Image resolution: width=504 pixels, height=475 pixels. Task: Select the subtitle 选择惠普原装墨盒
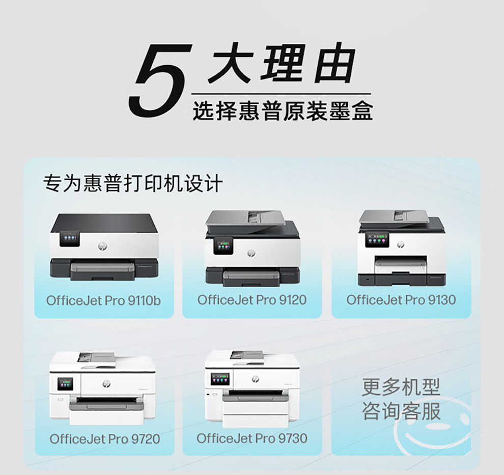(283, 111)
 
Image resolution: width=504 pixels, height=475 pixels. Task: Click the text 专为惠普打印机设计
(133, 183)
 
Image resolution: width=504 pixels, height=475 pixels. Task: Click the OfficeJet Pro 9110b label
(103, 301)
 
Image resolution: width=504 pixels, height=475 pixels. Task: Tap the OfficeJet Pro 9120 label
(252, 300)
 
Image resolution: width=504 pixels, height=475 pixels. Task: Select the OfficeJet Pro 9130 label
(401, 300)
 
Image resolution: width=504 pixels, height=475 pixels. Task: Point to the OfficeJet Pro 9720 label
(105, 439)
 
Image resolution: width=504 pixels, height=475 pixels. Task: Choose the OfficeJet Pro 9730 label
(252, 438)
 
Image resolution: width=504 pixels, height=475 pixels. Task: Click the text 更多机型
(401, 387)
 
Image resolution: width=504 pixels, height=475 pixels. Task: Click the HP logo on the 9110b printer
(102, 246)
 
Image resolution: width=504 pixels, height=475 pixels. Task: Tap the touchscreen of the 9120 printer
(223, 245)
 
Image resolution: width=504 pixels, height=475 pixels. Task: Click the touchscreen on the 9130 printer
(377, 240)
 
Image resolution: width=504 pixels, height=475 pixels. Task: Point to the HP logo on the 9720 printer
(106, 383)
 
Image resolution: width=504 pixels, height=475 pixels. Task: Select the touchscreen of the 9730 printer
(220, 380)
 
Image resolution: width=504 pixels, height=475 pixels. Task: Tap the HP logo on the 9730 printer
(256, 379)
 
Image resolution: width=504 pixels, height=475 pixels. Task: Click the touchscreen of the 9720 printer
(65, 384)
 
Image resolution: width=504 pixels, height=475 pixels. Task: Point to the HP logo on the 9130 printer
(401, 244)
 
